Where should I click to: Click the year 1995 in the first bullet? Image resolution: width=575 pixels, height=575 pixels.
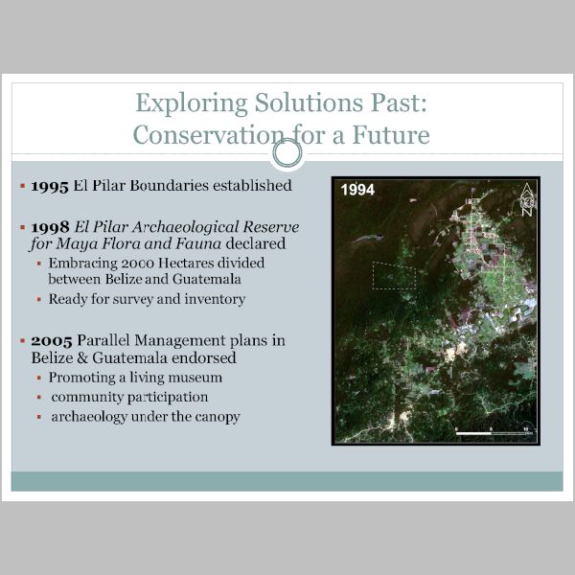[50, 186]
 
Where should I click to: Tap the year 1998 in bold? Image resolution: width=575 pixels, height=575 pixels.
[50, 227]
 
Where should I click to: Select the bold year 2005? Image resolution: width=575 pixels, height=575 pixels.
[52, 341]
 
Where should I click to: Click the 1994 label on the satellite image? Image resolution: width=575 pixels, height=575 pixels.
[357, 190]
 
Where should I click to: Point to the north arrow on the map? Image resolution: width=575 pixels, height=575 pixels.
[527, 200]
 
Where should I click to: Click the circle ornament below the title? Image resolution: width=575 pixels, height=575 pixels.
[287, 153]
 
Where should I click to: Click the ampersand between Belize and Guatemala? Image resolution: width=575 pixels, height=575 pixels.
[82, 357]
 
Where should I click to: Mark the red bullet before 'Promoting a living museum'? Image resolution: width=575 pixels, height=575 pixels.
[39, 378]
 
